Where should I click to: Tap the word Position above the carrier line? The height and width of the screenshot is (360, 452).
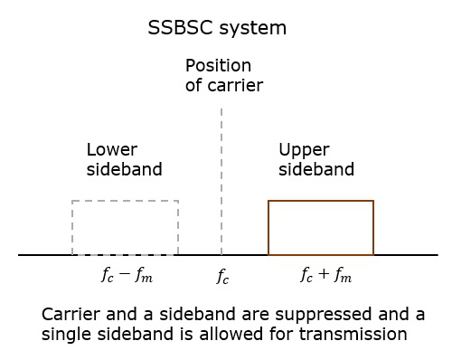(218, 66)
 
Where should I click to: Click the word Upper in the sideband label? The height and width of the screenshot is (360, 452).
(304, 149)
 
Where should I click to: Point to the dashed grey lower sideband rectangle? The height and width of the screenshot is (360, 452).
(125, 227)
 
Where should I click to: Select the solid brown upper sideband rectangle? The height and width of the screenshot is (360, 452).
(321, 227)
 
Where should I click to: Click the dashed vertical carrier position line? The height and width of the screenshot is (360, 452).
(221, 181)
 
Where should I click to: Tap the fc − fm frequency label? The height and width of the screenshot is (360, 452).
(127, 276)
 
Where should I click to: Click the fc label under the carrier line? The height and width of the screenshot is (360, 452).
(222, 277)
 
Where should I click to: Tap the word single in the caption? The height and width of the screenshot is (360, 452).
(66, 334)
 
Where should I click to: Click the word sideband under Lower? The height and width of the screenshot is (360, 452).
(125, 169)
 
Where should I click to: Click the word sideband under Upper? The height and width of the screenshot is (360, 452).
(316, 169)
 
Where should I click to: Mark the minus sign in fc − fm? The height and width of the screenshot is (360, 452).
(126, 275)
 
